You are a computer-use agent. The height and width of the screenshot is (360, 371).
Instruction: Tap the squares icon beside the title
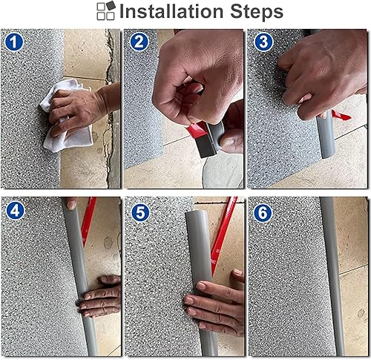click(106, 10)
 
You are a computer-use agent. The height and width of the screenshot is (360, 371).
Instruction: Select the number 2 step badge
click(138, 42)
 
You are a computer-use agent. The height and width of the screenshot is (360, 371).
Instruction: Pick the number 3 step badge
click(261, 42)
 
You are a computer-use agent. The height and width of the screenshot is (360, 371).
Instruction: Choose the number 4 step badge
click(15, 210)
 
